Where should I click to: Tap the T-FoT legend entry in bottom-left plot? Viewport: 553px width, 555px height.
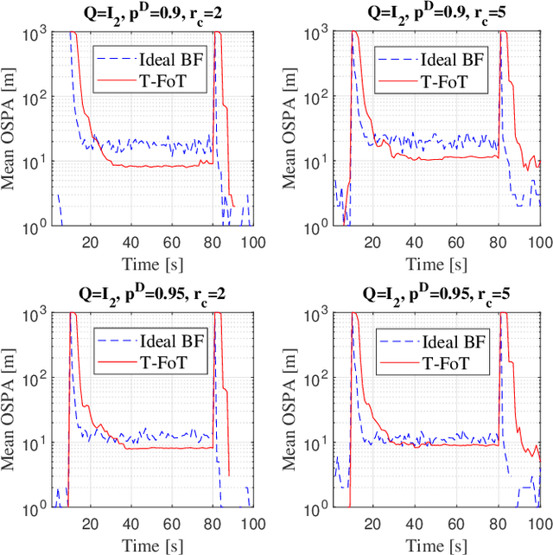point(164,362)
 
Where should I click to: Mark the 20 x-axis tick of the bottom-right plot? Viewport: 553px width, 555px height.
point(373,525)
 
